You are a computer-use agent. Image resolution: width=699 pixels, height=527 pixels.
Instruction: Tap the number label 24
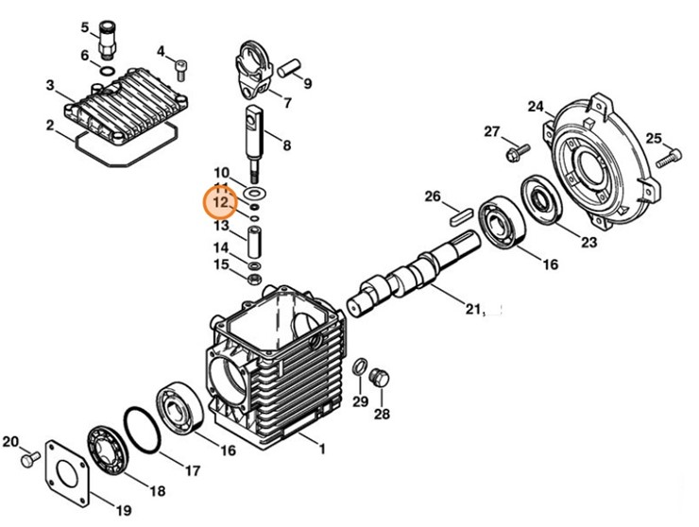(x=536, y=105)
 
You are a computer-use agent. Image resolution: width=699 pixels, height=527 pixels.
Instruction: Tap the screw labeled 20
(x=30, y=457)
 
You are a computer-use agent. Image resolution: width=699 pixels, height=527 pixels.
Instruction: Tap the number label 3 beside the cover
(x=49, y=86)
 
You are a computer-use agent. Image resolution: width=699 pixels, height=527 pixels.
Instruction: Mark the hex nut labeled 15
(x=253, y=279)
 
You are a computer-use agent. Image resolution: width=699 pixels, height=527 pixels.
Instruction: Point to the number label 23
(x=588, y=243)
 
